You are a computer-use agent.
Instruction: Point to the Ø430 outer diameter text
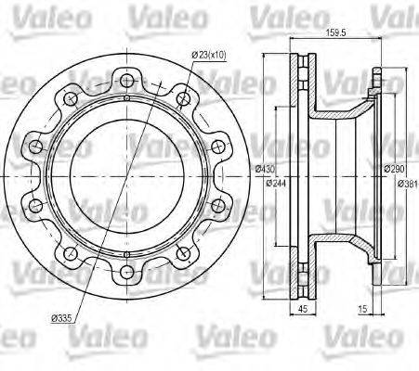(x=265, y=170)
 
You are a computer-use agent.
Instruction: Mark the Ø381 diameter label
(x=404, y=183)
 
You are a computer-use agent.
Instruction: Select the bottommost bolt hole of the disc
(x=125, y=271)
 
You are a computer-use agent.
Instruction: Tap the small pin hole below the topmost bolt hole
(x=125, y=96)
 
